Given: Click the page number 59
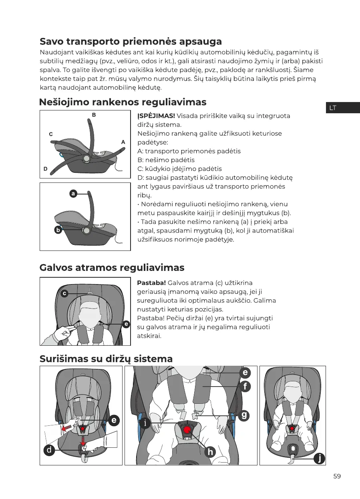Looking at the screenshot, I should pos(337,476).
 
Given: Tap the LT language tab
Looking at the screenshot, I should pos(332,108).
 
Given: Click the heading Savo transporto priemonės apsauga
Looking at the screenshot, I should pos(131,42).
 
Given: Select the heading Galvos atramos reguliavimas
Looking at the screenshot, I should pos(112,267).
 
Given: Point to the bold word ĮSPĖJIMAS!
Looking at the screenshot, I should pos(156,116).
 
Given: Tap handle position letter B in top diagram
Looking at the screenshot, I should pos(94,115).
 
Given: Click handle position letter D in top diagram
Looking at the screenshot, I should pos(46,169).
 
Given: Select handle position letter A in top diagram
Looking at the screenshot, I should pos(123,142).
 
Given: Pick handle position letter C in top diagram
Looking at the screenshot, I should pos(51,134).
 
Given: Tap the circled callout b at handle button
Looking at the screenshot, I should pos(58,230).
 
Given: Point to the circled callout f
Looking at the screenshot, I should pos(245,387).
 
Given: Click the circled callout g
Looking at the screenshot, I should pos(244,415).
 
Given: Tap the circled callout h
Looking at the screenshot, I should pos(210,452).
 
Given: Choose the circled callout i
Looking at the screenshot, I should pos(145,423).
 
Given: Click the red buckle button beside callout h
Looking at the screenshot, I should pos(187,431).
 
